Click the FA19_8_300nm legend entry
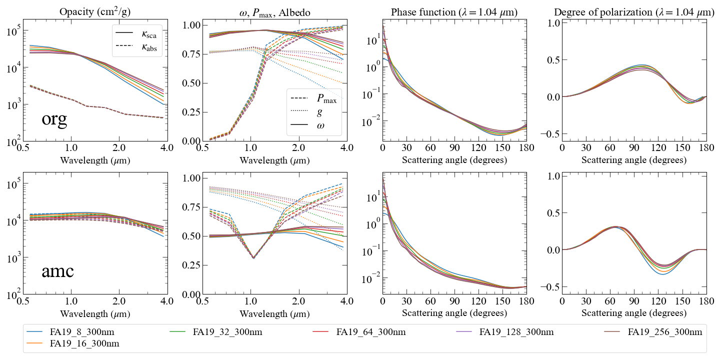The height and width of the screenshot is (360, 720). tap(70, 331)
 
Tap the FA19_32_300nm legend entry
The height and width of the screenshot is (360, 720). tap(215, 331)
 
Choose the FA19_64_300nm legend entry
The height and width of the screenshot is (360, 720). tap(359, 331)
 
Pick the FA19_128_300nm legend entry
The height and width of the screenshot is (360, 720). tap(505, 331)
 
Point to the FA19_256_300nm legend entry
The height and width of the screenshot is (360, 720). tap(653, 331)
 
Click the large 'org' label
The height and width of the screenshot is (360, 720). tap(54, 119)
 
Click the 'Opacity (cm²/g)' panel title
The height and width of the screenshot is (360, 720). tap(95, 11)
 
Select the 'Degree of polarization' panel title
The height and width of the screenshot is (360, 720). tap(634, 12)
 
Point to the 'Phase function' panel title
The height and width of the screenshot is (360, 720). tap(454, 12)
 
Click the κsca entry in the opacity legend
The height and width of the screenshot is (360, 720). tap(136, 33)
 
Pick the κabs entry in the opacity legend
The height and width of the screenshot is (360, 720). tap(136, 47)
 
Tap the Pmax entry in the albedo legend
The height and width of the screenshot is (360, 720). tap(313, 98)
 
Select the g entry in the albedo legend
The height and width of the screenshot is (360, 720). tap(306, 112)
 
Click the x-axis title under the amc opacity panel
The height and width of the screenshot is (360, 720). tap(95, 313)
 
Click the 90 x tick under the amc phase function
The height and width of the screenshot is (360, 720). tap(454, 301)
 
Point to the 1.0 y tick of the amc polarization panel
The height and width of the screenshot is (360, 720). tap(554, 176)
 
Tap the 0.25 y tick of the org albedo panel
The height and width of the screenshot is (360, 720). tap(190, 112)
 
